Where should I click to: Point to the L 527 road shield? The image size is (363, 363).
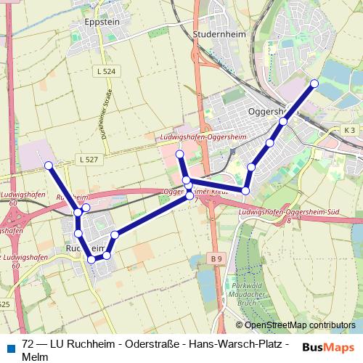point(87,159)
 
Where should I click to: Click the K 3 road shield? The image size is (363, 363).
point(350,130)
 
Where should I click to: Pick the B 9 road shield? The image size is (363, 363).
point(216,258)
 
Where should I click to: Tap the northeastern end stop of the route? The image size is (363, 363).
point(314,83)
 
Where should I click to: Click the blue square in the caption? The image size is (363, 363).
point(9,346)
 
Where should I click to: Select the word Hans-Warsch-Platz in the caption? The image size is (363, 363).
point(237,344)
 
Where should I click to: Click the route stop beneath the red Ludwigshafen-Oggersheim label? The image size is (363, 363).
point(179,154)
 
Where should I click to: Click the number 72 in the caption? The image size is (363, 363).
point(28,344)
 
